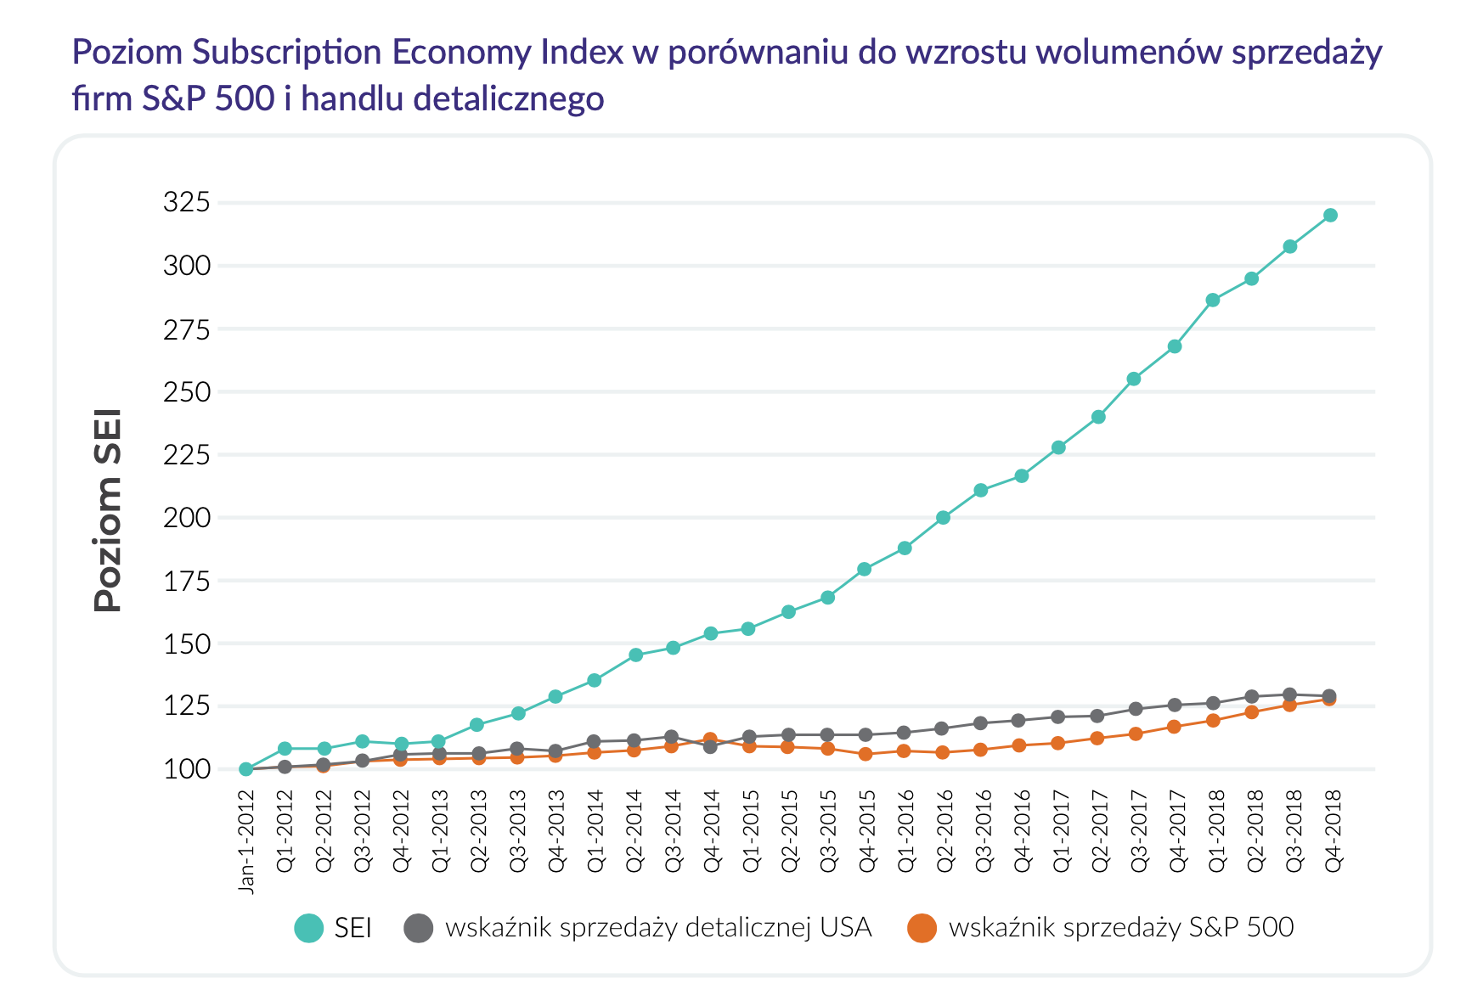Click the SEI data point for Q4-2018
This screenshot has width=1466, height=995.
coord(1330,216)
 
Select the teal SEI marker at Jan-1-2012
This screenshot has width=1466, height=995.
coord(246,769)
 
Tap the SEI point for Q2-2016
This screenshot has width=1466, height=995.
coord(943,518)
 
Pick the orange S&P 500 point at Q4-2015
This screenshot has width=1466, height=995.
coord(866,754)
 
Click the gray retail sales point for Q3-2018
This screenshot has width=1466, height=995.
coord(1289,694)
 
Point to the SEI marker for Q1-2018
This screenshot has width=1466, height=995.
coord(1213,301)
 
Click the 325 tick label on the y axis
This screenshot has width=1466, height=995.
coord(186,202)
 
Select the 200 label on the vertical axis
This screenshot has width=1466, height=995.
coord(186,517)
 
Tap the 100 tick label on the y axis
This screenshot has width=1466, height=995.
coord(186,769)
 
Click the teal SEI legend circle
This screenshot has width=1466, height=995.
coord(308,927)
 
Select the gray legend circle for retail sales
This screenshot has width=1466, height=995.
coord(419,927)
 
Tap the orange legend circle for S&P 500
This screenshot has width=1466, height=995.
coord(922,927)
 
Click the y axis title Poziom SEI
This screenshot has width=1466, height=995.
coord(108,510)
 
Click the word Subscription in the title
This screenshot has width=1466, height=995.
coord(286,53)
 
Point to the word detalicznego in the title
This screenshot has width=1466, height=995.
coord(509,99)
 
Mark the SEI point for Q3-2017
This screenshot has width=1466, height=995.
coord(1133,379)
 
